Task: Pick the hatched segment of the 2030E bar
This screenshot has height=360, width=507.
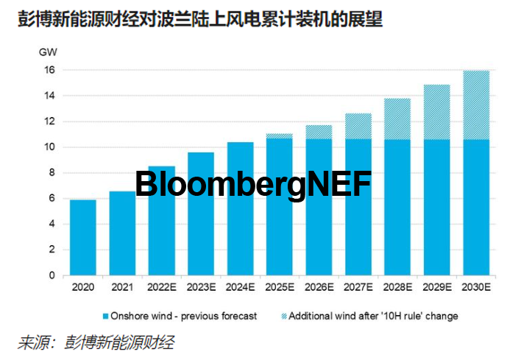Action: [x=477, y=105]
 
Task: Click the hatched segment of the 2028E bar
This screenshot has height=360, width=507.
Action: [x=398, y=119]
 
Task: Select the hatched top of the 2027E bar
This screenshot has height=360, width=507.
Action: [x=358, y=126]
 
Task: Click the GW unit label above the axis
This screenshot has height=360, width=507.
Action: [x=49, y=52]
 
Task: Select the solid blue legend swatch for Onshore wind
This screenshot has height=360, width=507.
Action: [x=106, y=316]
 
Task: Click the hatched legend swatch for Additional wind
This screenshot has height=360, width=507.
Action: [x=284, y=316]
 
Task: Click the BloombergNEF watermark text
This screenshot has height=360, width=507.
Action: [x=253, y=183]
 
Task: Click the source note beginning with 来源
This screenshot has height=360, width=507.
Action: [x=96, y=342]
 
